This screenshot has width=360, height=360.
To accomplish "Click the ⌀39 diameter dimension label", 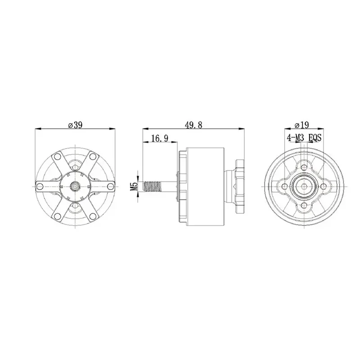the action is tap(75, 125).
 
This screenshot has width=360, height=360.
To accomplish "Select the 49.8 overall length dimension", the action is tap(193, 125).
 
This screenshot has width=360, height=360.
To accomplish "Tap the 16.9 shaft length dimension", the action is tap(160, 139).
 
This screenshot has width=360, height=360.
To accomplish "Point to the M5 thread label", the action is tap(134, 186).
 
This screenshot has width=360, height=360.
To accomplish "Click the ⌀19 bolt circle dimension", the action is tap(301, 125).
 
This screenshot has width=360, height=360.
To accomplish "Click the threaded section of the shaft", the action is tap(153, 186).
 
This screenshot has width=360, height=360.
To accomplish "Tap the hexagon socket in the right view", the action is tap(305, 186).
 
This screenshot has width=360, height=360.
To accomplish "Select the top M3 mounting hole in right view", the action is tap(305, 166).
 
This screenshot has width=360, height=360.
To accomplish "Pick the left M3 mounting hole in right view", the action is tap(285, 186).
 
